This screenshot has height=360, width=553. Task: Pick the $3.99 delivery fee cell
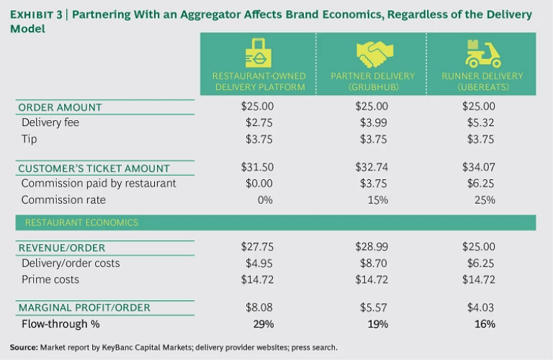point(372,122)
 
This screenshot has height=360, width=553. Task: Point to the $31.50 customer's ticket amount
point(257,167)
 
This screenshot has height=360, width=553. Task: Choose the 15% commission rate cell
point(378,199)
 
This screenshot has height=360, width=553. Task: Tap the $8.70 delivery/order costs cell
point(372,263)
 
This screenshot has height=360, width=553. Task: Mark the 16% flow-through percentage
point(484,324)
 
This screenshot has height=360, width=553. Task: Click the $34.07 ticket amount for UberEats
point(477,167)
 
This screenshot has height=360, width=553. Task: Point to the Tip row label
point(30,138)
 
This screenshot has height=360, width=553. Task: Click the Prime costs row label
point(50,279)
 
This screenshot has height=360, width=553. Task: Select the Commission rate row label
point(64,199)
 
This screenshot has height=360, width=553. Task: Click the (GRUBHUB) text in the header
point(372,87)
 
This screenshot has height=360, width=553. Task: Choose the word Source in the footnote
point(23,347)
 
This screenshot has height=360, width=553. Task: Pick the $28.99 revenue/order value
point(372,247)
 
